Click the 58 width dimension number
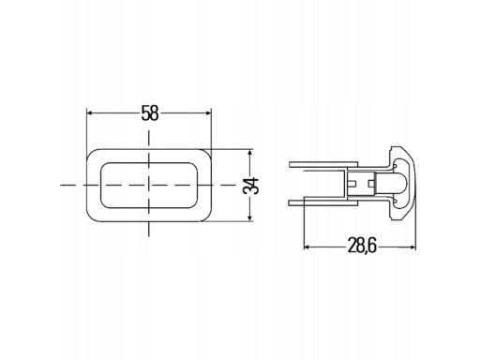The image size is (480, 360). (150, 112)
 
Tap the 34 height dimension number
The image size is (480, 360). (251, 186)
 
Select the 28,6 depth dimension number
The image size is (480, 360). (362, 247)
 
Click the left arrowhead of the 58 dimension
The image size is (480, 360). (89, 112)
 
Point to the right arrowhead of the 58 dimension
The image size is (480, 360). (209, 112)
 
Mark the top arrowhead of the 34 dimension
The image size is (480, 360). (249, 153)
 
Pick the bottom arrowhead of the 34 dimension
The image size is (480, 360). (249, 217)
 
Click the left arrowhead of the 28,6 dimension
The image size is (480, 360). (307, 247)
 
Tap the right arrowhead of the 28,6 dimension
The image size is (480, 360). (412, 247)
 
